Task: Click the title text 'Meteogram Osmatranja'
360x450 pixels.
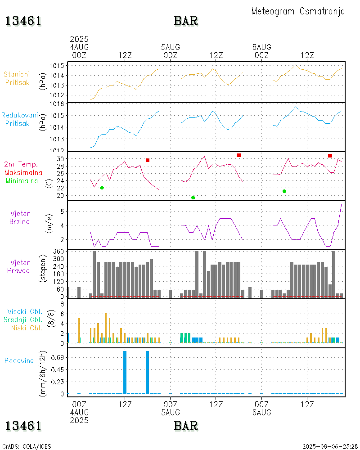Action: coord(298,11)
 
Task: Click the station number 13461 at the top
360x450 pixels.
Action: coord(23,21)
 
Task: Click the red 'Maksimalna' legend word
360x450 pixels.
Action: coord(23,172)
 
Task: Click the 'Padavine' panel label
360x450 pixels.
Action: coord(19,360)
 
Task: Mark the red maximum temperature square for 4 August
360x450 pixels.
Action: coord(148,160)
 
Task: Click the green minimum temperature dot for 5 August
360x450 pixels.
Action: coord(193,198)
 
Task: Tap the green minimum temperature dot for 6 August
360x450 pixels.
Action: coord(284,191)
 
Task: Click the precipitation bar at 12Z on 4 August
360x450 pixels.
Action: coord(125,372)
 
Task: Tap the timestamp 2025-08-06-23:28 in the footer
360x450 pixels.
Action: coord(329,446)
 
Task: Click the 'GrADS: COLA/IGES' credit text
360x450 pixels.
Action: coord(27,446)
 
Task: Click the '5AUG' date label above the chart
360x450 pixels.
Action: coord(171,47)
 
